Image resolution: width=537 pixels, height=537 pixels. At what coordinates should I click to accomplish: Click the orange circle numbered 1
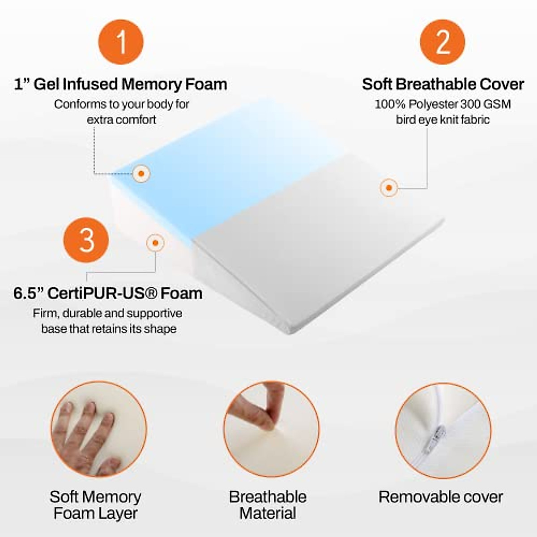click(121, 42)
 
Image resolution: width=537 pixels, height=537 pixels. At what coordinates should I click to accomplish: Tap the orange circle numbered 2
click(443, 42)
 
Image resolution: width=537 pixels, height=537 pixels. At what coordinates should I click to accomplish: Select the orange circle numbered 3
click(86, 239)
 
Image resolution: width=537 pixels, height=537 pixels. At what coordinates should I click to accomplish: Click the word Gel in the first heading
click(46, 84)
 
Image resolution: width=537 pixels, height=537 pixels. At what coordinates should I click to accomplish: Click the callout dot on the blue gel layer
click(141, 173)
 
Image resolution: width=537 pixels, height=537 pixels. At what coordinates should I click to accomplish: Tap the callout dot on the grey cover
click(389, 188)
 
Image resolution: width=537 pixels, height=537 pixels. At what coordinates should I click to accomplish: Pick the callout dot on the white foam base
click(155, 243)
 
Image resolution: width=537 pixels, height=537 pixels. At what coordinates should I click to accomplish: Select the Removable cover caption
click(441, 497)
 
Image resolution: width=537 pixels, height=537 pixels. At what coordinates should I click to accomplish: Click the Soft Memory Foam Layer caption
click(95, 505)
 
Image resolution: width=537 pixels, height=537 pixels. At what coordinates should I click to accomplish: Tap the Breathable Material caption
click(268, 505)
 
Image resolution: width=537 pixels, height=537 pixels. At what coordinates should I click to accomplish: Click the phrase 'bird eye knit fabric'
click(443, 120)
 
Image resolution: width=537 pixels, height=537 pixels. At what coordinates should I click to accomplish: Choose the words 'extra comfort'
click(121, 120)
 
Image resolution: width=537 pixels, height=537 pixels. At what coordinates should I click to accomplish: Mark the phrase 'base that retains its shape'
click(109, 329)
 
